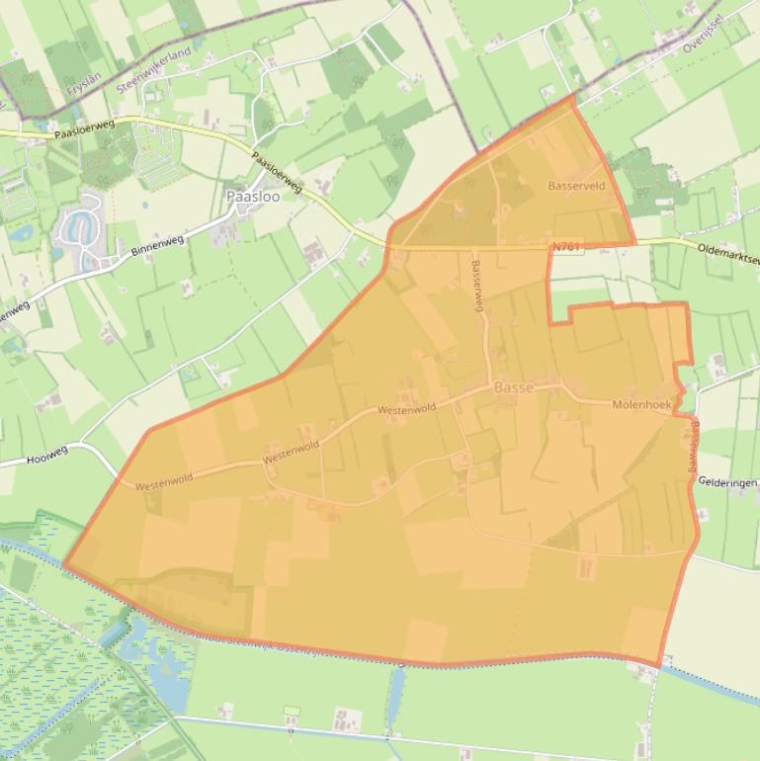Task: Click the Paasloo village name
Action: (253, 197)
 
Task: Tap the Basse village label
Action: (514, 388)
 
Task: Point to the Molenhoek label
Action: (642, 405)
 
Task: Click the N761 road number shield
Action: (566, 246)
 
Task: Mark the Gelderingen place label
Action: (727, 482)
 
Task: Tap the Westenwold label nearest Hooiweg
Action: (164, 483)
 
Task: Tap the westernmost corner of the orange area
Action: (65, 565)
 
